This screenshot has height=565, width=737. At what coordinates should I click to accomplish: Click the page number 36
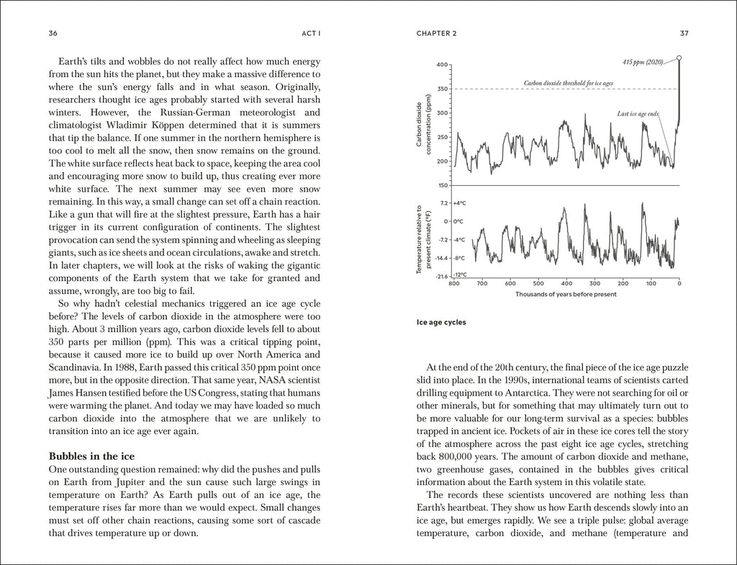[x=53, y=33]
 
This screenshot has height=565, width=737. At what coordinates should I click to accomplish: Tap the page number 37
[x=684, y=33]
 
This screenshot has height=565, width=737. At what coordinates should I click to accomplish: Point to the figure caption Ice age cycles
[x=441, y=322]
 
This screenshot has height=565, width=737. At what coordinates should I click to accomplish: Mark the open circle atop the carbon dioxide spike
[x=679, y=58]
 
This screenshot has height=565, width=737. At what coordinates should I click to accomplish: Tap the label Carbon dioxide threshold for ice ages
[x=569, y=84]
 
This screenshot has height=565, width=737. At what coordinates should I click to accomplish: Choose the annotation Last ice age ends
[x=638, y=114]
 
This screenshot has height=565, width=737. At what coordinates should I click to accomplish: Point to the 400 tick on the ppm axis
[x=442, y=65]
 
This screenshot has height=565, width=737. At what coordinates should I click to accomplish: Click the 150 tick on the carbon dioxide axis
[x=442, y=185]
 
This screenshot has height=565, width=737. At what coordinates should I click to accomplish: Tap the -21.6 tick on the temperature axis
[x=442, y=275]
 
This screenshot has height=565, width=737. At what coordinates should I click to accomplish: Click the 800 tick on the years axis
[x=453, y=283]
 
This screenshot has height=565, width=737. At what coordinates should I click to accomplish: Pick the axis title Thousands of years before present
[x=566, y=294]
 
